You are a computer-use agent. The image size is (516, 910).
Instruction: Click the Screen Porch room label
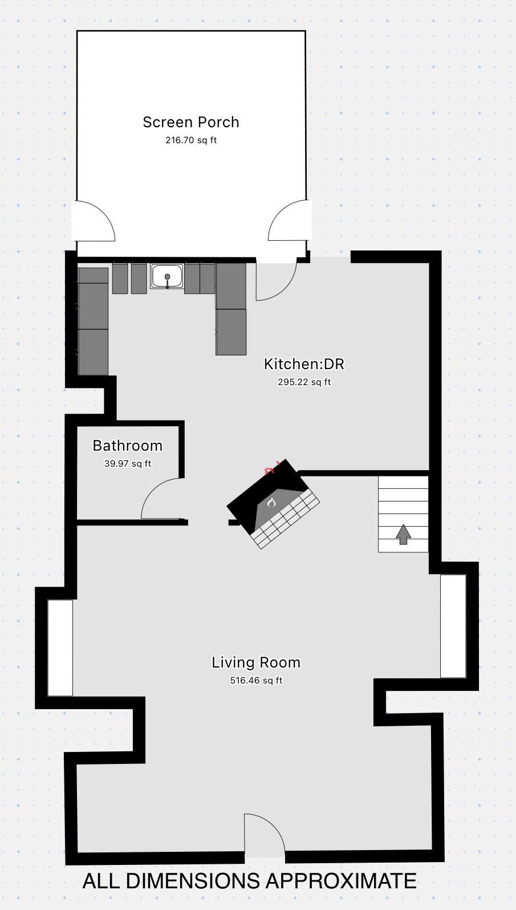point(191,122)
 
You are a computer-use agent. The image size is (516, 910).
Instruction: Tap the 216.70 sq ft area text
point(191,140)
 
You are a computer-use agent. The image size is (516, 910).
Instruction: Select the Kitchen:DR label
point(304,364)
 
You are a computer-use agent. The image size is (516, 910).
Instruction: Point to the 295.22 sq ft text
point(304,382)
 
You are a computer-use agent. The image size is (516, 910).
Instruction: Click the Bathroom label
point(128,446)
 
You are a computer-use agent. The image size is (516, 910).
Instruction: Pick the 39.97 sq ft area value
point(128,463)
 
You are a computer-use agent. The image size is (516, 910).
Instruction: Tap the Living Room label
point(256,662)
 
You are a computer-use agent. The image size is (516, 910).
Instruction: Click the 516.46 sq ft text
point(256,681)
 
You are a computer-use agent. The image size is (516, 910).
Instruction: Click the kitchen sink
point(167,276)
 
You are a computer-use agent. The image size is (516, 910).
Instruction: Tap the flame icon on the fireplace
point(271,503)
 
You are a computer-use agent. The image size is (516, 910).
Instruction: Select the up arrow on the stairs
point(403,534)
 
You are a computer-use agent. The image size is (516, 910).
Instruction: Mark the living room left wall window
point(60,648)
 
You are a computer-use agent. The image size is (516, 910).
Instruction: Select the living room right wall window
point(453,626)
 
